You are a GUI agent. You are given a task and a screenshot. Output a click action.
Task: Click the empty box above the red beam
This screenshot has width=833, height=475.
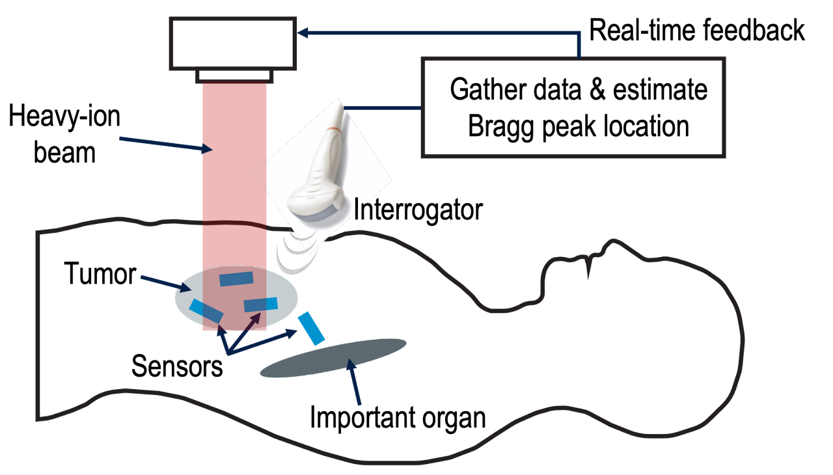[x=232, y=44]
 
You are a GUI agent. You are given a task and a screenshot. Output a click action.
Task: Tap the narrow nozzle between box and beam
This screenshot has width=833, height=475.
[x=234, y=77]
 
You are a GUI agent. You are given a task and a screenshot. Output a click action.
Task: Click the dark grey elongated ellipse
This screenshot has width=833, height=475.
[x=333, y=358]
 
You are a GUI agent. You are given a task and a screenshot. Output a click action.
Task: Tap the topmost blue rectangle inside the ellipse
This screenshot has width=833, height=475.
[x=236, y=279]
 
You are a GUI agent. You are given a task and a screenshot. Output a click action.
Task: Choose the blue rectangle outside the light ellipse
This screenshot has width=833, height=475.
[x=311, y=329]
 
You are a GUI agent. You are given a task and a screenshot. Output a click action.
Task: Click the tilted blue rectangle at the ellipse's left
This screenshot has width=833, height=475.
[x=206, y=311]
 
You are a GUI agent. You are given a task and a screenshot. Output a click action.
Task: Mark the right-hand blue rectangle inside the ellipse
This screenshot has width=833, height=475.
[x=260, y=305]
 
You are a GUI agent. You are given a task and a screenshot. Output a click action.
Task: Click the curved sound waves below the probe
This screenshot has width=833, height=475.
[x=296, y=251]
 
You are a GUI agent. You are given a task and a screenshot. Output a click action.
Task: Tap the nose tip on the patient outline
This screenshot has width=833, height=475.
[x=613, y=241]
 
